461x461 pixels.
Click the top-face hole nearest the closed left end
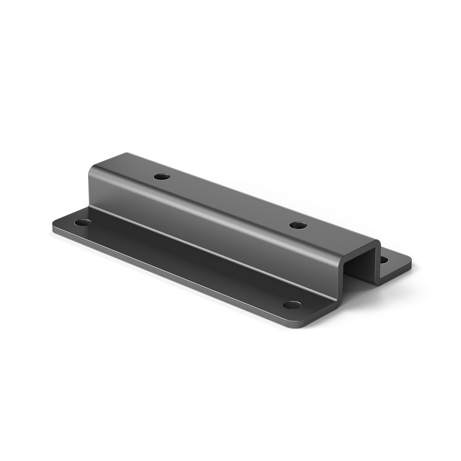[x=162, y=177]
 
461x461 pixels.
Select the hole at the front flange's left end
[x=83, y=223]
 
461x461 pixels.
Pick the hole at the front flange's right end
[x=292, y=305]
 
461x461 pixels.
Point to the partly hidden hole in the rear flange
[x=383, y=260]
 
